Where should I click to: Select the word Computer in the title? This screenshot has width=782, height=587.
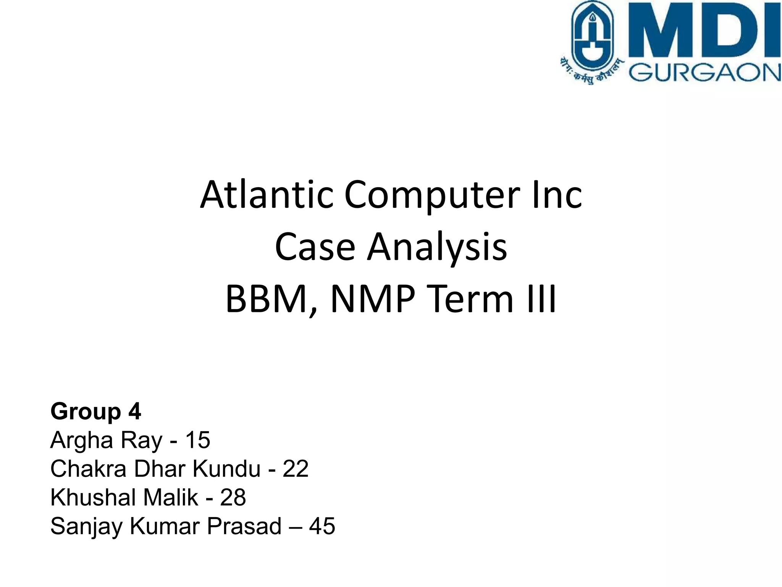pyautogui.click(x=432, y=196)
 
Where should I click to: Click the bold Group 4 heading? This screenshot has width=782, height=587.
pyautogui.click(x=96, y=411)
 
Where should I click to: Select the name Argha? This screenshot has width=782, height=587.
pyautogui.click(x=81, y=441)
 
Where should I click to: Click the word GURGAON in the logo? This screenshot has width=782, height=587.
pyautogui.click(x=704, y=73)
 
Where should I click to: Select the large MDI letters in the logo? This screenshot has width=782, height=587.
pyautogui.click(x=704, y=31)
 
